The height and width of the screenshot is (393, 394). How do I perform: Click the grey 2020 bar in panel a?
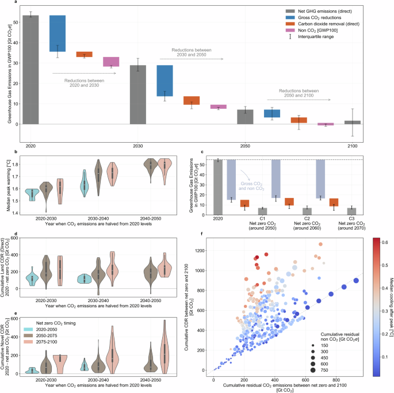tap(30, 70)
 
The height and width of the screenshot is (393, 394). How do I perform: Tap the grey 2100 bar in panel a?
tap(353, 123)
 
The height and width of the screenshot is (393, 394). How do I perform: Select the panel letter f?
tap(200, 234)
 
